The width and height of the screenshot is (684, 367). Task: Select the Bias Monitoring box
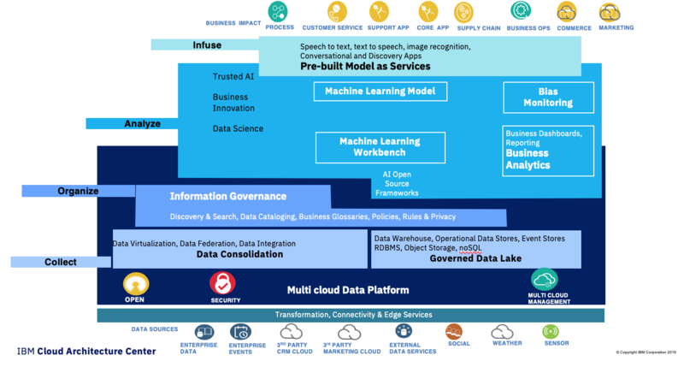coord(548,97)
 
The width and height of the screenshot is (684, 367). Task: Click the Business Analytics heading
coord(528,159)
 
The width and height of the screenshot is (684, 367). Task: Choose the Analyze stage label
coord(142,123)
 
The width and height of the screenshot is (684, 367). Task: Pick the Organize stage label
coord(78,191)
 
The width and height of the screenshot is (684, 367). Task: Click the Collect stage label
coord(61,262)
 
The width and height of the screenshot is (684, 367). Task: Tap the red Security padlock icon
coord(223,283)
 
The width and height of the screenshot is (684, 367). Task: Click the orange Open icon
coord(136,284)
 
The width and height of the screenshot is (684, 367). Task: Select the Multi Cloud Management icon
coord(545,280)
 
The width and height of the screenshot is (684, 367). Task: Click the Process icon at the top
coord(279,11)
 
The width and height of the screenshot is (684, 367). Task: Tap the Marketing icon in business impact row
coord(610,12)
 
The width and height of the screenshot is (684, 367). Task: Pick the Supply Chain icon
coord(464,12)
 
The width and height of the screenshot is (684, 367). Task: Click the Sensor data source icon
coord(551,332)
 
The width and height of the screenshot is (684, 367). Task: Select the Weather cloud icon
coord(502,332)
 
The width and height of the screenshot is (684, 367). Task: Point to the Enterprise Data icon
coord(204,332)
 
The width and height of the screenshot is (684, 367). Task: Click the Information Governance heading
coord(221,196)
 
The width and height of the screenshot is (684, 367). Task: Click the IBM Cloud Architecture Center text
coord(86,352)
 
